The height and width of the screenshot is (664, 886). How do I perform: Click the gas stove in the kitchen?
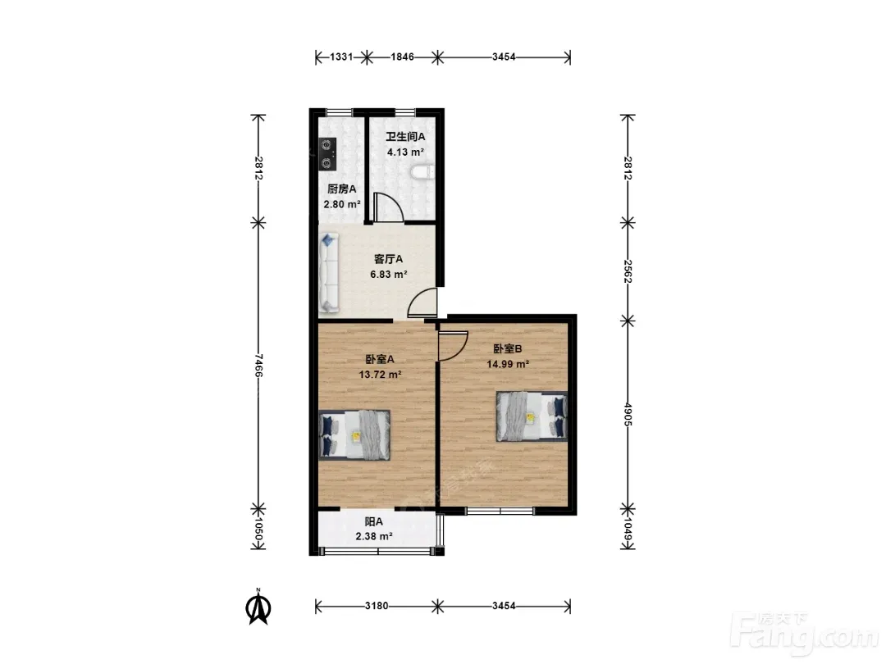(x=327, y=154)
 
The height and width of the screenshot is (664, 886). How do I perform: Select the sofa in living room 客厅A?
(x=329, y=272)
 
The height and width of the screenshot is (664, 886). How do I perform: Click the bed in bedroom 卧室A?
(x=354, y=434)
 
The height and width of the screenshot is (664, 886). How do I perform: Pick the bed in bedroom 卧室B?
(x=532, y=416)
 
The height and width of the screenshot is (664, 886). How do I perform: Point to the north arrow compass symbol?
(x=258, y=607)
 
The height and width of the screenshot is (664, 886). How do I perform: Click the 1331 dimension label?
(x=341, y=57)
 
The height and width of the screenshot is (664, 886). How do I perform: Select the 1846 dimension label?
(x=402, y=57)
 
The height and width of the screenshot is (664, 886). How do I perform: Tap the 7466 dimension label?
(x=258, y=366)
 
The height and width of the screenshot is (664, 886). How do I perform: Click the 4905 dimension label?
(x=628, y=415)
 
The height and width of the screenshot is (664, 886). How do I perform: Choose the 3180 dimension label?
(x=377, y=607)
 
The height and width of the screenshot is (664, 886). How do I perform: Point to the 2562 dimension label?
(x=628, y=271)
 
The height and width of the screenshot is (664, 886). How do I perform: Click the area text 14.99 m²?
(x=508, y=364)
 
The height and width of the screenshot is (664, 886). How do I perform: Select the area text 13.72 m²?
(x=381, y=375)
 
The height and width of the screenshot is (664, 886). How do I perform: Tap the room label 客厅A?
(x=388, y=259)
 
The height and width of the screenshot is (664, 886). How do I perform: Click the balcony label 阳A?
(x=373, y=521)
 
